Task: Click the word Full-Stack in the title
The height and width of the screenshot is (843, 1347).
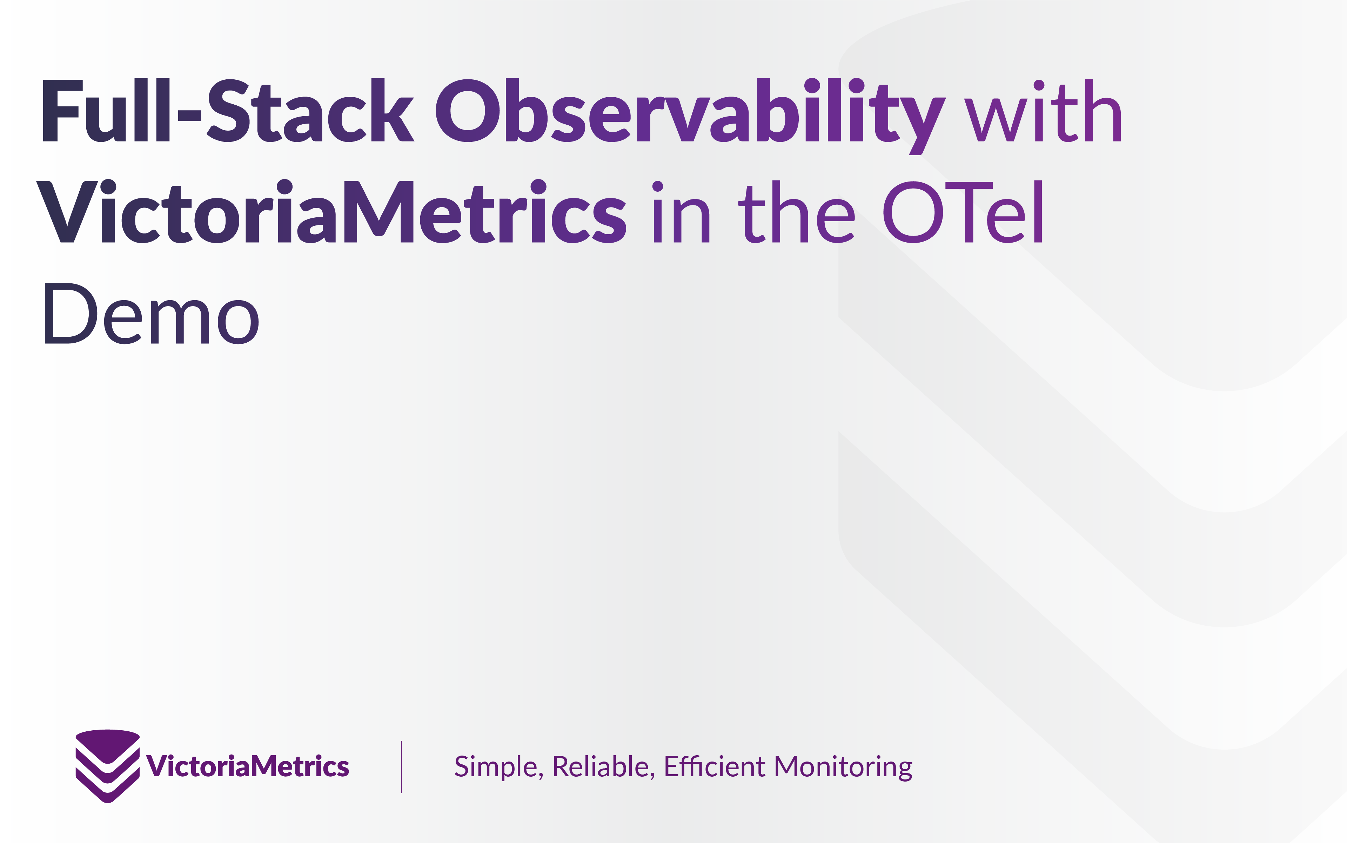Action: point(228,110)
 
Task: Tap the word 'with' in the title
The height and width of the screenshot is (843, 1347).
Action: point(1043,110)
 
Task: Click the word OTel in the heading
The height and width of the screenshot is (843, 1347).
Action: point(962,212)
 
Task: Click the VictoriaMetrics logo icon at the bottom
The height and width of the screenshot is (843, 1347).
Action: point(108,765)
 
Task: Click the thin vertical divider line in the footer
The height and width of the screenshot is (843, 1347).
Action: point(401,766)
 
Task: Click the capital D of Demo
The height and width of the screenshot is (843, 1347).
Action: point(70,313)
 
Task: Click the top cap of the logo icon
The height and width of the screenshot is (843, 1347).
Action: point(108,745)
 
